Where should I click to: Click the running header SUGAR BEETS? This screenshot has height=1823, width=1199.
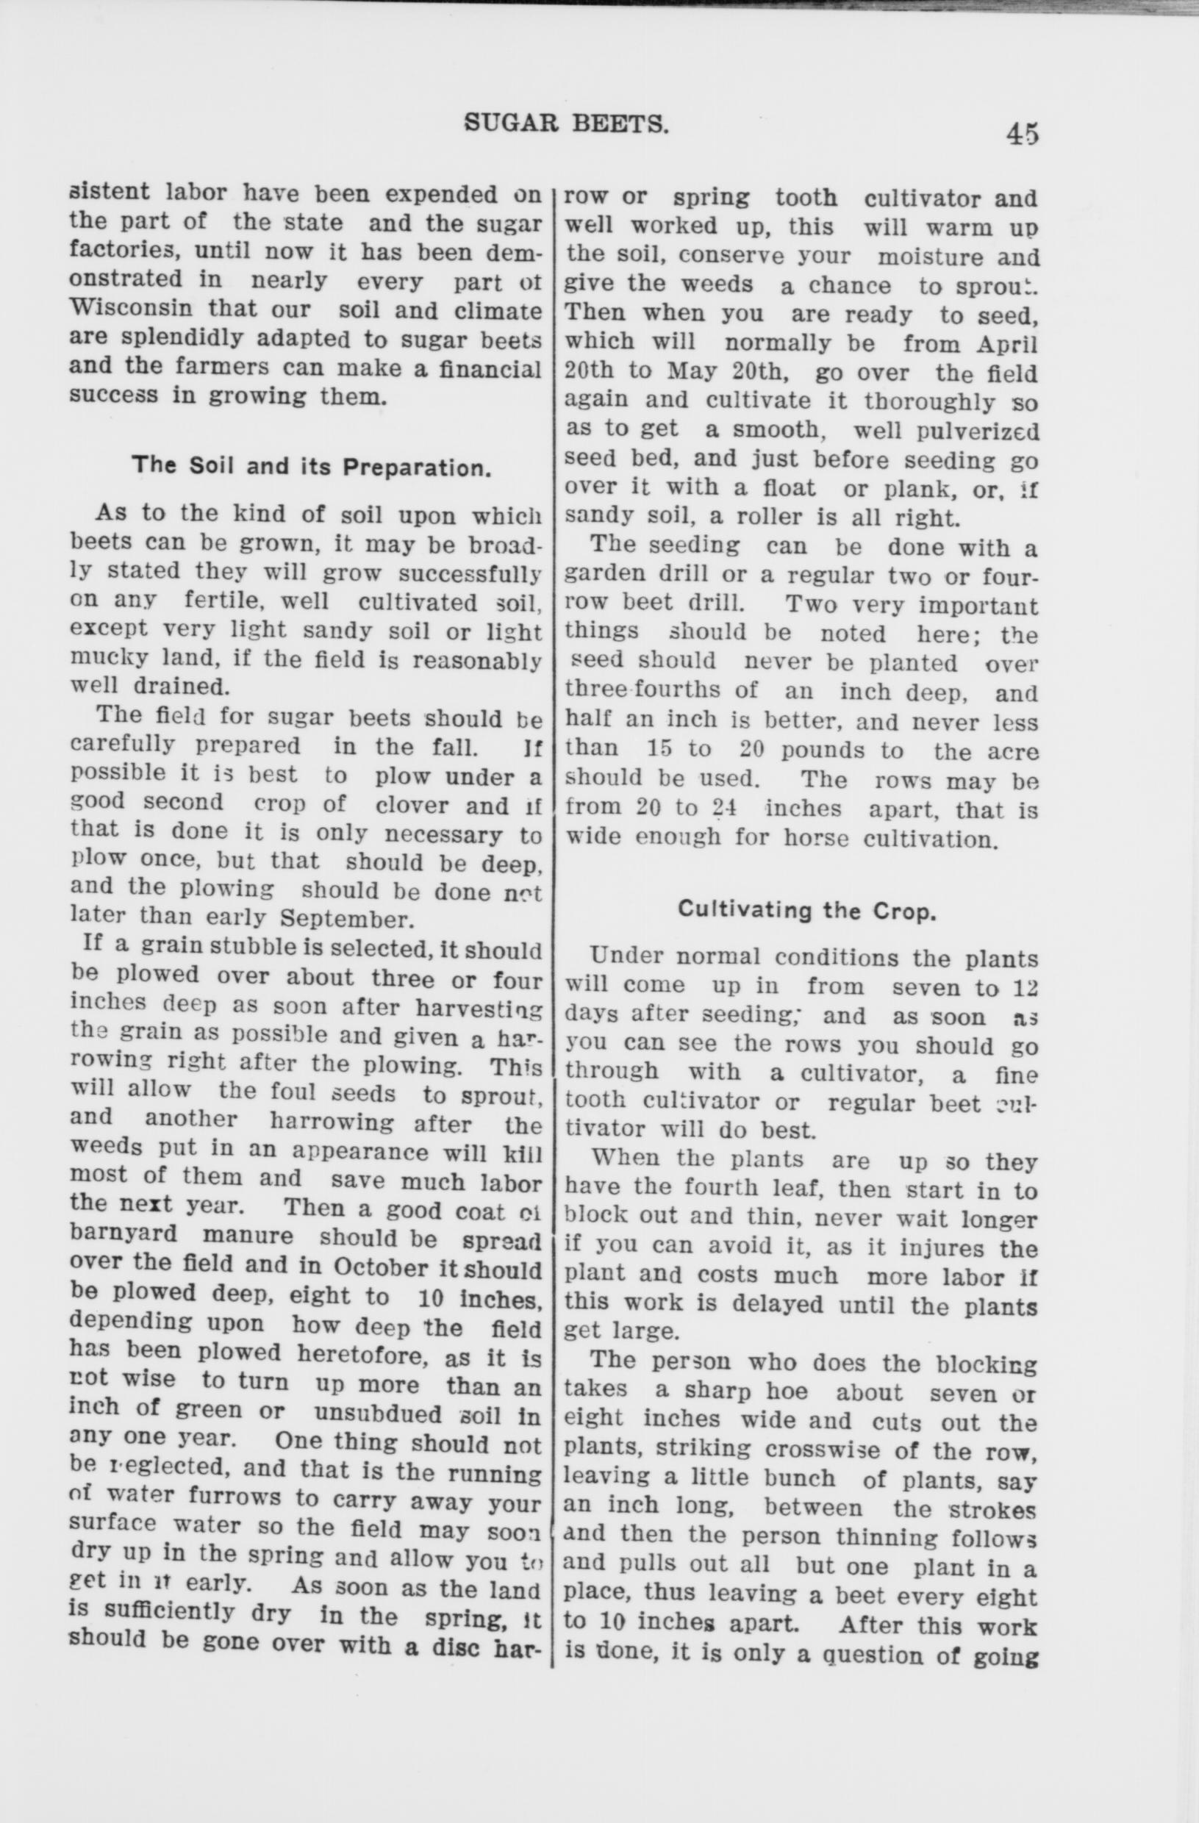click(x=567, y=123)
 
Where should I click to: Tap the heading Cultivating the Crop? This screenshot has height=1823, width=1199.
click(x=806, y=911)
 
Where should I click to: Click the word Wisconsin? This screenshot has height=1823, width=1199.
click(x=129, y=310)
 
